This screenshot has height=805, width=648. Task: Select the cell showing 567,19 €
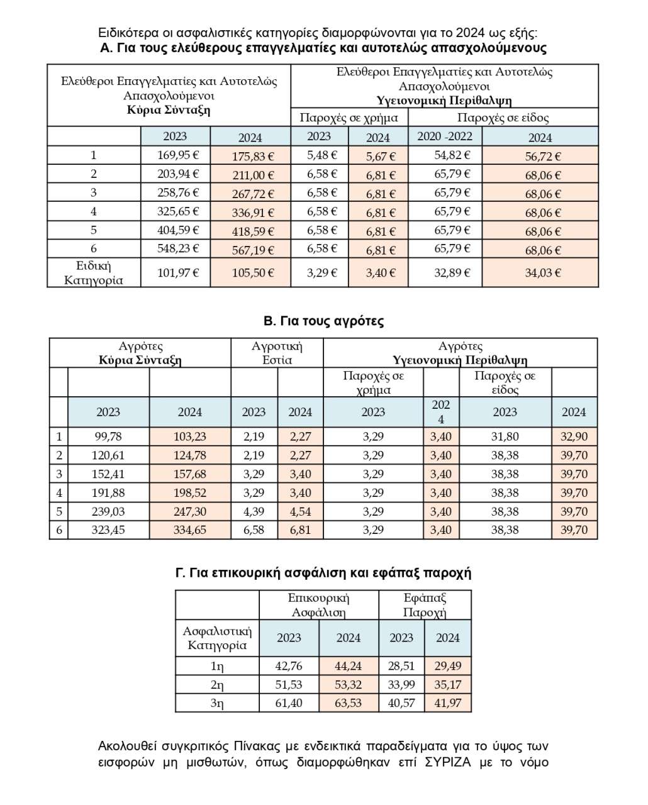click(250, 250)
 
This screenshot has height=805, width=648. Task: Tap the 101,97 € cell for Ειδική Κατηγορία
click(175, 273)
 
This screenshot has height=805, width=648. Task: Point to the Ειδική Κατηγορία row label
click(94, 273)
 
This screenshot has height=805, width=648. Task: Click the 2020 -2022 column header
click(445, 136)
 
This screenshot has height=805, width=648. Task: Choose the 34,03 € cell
click(540, 273)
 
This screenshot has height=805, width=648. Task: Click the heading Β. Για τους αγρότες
click(323, 321)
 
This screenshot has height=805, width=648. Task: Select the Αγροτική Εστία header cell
click(277, 353)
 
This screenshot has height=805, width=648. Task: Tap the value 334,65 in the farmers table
click(189, 530)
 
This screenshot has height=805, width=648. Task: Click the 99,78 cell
click(108, 436)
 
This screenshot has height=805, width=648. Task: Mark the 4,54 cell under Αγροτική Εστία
click(300, 511)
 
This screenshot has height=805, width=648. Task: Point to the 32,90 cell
click(574, 436)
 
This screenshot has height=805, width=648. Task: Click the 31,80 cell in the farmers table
click(505, 436)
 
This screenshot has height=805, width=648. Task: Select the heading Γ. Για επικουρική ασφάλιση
click(323, 573)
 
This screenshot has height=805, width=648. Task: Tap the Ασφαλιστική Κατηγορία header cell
click(217, 638)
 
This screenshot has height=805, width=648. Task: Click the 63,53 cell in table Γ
click(348, 703)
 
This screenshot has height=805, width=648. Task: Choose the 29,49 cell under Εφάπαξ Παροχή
click(447, 666)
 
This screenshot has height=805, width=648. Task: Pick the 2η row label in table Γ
click(217, 685)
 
